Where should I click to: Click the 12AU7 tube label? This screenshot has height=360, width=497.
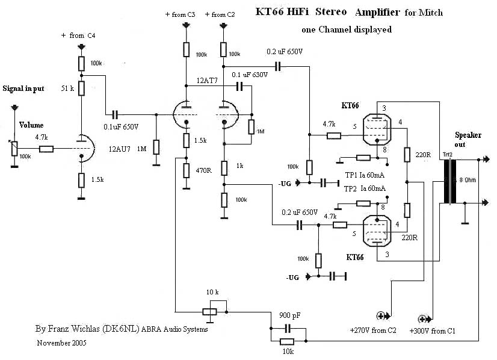(120, 149)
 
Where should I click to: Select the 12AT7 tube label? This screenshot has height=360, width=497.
(208, 80)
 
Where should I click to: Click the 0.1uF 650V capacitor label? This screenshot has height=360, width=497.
(120, 127)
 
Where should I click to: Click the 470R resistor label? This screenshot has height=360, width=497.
(203, 171)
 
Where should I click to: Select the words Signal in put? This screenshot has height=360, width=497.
(23, 88)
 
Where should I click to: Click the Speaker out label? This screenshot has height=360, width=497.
(468, 140)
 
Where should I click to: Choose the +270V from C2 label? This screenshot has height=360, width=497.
(372, 331)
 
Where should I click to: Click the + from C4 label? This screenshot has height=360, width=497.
(78, 36)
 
